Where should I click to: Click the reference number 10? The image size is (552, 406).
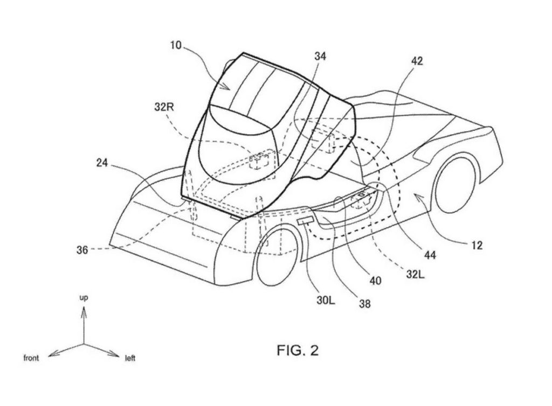[x=176, y=45]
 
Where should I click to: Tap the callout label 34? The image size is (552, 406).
[x=320, y=56]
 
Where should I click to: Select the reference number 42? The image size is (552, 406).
[x=417, y=61]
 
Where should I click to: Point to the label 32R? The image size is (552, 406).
[x=164, y=107]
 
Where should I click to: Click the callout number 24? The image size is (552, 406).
[x=102, y=163]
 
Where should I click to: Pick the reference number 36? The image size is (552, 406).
[x=82, y=250]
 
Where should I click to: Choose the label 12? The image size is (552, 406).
[x=477, y=245]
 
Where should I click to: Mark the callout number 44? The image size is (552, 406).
[x=430, y=255]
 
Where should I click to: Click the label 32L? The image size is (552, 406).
[x=416, y=274]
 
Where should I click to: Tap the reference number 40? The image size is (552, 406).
[x=375, y=281]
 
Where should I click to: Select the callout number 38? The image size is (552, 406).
[x=365, y=303]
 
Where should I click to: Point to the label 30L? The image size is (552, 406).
[x=326, y=301]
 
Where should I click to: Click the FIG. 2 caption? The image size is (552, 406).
[x=298, y=350]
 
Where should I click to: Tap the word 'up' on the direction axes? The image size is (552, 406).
[x=84, y=298]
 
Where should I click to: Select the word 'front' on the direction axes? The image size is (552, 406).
[x=31, y=358]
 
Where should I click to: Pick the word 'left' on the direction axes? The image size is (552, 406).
[x=130, y=358]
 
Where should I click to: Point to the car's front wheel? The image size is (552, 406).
[x=278, y=257]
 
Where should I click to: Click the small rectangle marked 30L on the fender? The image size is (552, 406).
[x=305, y=221]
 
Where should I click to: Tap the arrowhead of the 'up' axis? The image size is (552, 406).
[x=84, y=311]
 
